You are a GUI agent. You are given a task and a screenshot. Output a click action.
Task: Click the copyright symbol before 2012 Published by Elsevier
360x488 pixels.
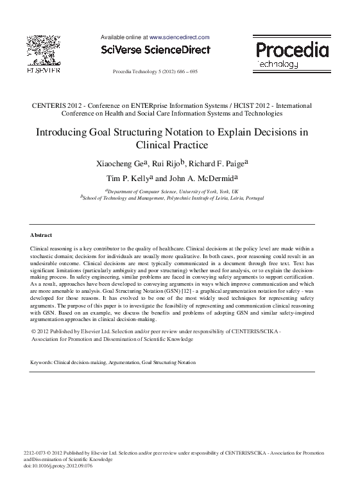click(x=33, y=331)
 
